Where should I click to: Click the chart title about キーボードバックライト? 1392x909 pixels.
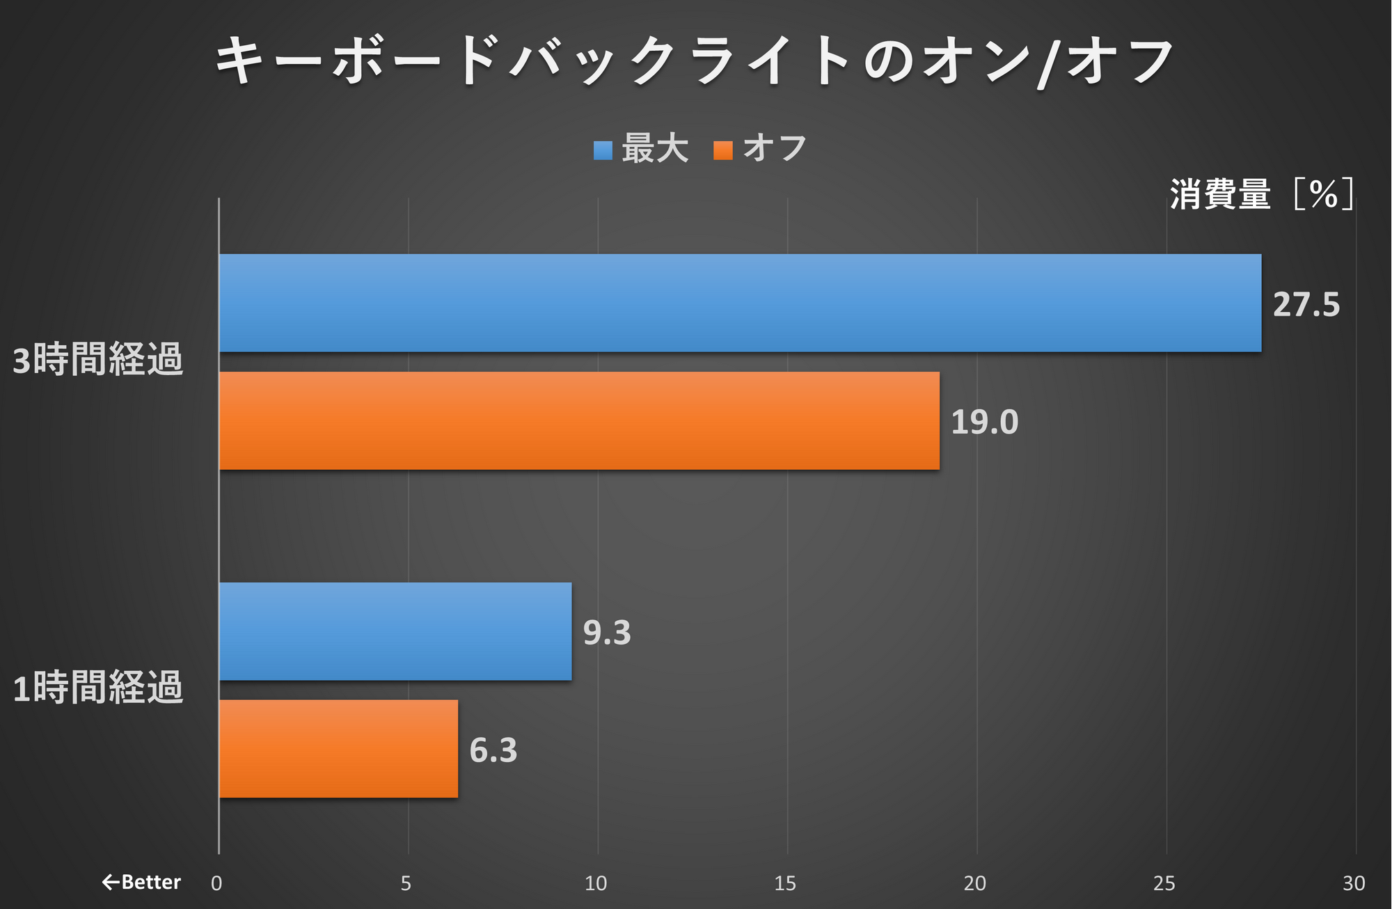(x=695, y=61)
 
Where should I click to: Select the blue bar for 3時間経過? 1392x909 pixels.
(x=740, y=303)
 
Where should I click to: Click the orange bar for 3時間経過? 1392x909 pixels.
(x=579, y=420)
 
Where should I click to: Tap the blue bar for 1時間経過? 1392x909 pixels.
(x=395, y=631)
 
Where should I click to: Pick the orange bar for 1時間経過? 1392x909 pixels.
(x=338, y=749)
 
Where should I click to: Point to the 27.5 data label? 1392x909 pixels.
(x=1306, y=305)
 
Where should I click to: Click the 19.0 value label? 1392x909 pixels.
(x=984, y=422)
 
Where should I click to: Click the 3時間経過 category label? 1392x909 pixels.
(x=98, y=360)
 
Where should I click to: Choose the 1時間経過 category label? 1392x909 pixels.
(x=98, y=688)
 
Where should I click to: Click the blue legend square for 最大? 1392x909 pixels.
(x=603, y=150)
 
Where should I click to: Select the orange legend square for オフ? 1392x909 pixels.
(x=723, y=150)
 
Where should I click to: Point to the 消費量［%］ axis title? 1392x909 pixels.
(x=1262, y=193)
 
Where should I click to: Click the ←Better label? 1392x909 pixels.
(x=141, y=883)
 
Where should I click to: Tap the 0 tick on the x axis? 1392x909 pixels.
(x=217, y=883)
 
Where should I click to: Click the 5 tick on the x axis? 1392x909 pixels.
(x=406, y=883)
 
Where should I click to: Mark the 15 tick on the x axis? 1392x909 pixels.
(x=785, y=883)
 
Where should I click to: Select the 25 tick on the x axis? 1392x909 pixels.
(x=1164, y=883)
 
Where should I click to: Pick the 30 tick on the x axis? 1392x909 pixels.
(x=1354, y=883)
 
